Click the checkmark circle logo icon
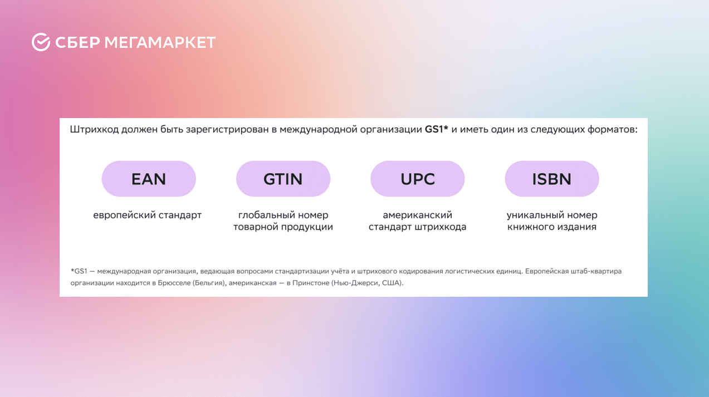(41, 42)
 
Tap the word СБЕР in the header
(77, 42)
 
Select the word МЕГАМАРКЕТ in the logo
(160, 42)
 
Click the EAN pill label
(149, 179)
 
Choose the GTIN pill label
(283, 179)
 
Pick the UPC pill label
(418, 179)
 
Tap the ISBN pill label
(552, 179)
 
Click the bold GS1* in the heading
(436, 129)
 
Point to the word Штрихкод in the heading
(94, 129)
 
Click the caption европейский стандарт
(147, 215)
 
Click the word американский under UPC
(418, 215)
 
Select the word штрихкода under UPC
(441, 227)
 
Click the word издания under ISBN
(577, 227)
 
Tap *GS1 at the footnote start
(79, 271)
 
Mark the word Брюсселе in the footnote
(174, 283)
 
